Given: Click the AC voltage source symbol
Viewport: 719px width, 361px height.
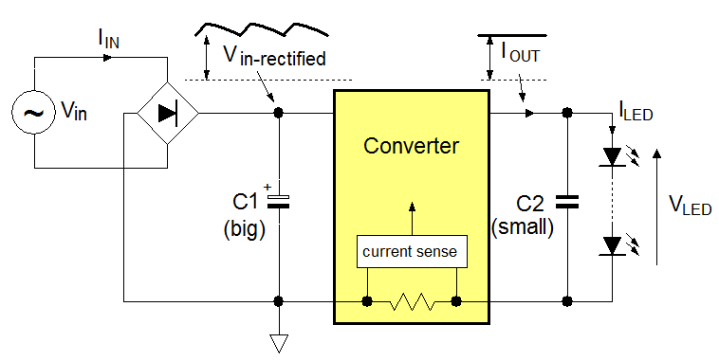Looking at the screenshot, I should point(34,114).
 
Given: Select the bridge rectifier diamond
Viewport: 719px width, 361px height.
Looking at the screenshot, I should point(167,114).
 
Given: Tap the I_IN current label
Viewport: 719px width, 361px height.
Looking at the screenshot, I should point(109,39).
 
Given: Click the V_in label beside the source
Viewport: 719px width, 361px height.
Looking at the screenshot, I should point(73,114).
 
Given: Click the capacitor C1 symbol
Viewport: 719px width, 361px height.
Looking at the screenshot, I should point(279,201).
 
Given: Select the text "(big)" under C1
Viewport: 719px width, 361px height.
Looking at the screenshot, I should point(247,228).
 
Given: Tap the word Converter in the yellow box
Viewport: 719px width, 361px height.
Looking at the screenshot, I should point(411,146).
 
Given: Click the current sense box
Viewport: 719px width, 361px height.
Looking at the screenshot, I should point(411,252).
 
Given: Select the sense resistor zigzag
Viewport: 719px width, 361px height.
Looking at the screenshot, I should point(412,302).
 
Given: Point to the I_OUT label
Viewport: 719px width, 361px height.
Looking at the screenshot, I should point(520,53).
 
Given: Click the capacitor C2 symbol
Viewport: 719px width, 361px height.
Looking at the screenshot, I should point(566,201).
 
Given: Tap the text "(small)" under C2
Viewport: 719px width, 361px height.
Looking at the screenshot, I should point(523,228).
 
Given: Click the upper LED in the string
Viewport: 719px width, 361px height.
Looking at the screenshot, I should point(612,155).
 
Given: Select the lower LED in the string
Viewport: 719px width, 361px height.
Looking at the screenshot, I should point(612,245).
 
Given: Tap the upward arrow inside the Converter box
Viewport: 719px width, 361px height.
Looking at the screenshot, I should point(411,217).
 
